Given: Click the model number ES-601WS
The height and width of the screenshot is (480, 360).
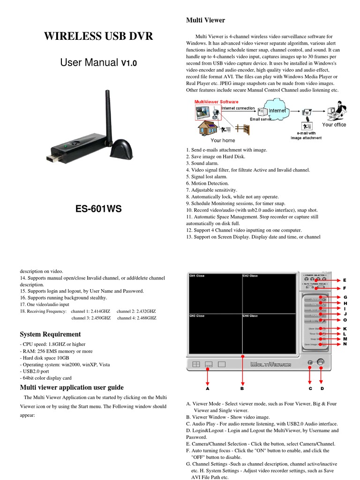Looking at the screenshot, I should tap(98, 209).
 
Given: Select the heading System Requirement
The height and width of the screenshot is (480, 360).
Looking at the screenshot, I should tap(50, 334).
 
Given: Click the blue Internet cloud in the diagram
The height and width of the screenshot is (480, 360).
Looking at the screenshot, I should tap(276, 111).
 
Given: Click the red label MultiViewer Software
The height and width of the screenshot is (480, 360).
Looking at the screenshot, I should tap(217, 102).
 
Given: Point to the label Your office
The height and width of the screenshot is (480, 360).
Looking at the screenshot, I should tap(334, 125).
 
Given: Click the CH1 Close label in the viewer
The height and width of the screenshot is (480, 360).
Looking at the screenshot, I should tap(197, 276).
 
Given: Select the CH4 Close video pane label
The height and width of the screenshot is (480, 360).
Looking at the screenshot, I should tap(250, 316).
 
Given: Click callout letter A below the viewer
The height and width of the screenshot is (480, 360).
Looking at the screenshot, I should tap(207, 389).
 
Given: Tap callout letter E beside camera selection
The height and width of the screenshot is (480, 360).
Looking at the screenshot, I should tap(345, 279).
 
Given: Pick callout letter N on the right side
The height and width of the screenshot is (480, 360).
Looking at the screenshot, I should tap(345, 344).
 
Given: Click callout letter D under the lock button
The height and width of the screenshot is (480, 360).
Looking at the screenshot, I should tap(322, 389).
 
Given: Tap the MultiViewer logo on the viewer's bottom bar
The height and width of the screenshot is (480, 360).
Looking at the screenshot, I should tap(270, 364).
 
